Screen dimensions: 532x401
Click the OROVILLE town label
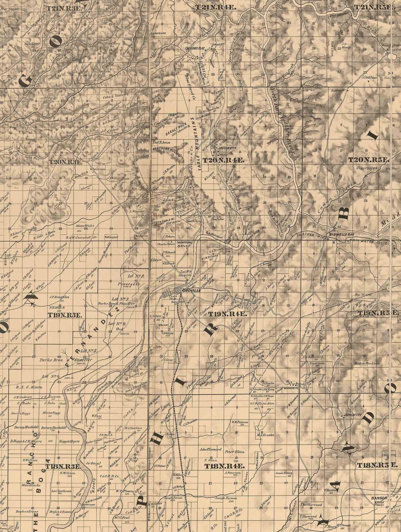192,291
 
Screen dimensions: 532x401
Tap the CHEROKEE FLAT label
195,49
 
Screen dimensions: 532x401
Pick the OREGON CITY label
227,148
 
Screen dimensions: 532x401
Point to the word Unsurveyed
367,168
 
